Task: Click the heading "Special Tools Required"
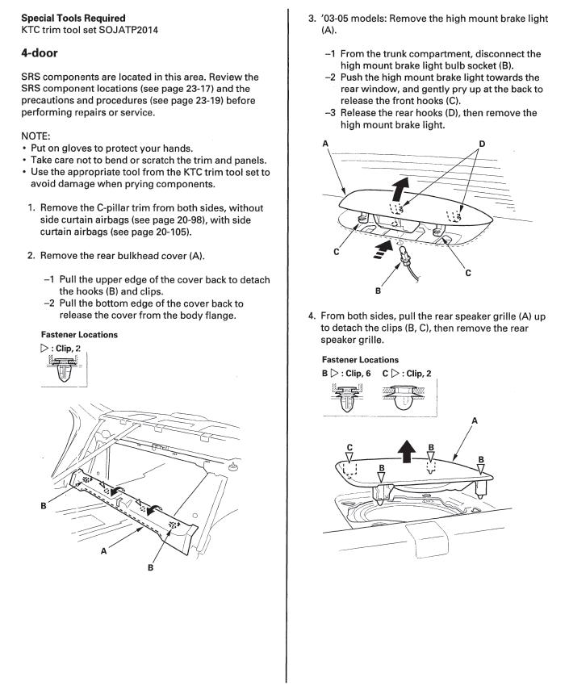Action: point(73,19)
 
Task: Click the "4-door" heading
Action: point(40,53)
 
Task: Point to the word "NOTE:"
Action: point(36,136)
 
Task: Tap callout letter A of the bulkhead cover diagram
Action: point(104,550)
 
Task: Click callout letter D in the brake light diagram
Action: point(482,144)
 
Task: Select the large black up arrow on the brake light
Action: point(400,188)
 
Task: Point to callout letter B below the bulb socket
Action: point(378,291)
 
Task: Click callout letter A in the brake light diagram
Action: point(325,144)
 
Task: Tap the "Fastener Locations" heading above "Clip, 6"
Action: point(360,359)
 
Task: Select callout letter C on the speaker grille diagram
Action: point(349,448)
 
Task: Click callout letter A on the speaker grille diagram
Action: point(475,420)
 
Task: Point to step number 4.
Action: point(312,316)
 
